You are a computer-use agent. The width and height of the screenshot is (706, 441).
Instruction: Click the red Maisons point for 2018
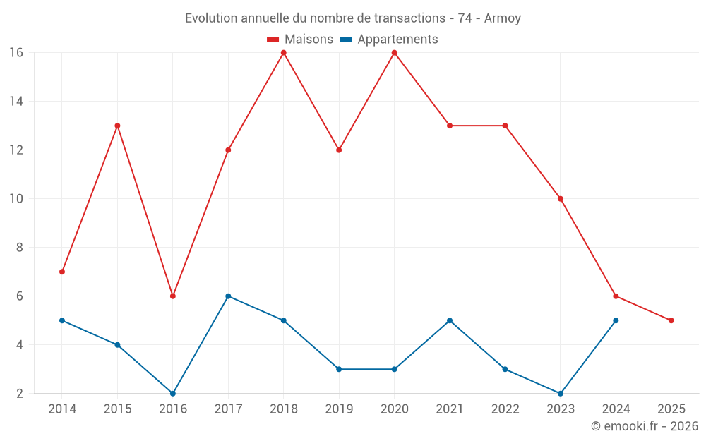tap(284, 53)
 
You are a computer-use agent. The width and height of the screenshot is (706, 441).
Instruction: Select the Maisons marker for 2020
tap(394, 53)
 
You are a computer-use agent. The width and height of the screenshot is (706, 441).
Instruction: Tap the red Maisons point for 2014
tap(62, 272)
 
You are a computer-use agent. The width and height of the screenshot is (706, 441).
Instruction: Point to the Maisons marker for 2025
tap(671, 320)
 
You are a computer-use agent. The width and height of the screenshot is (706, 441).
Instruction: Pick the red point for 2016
tap(173, 296)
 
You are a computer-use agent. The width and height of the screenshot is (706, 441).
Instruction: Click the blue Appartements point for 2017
tap(228, 296)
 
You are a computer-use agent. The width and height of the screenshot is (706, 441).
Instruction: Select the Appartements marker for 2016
tap(173, 393)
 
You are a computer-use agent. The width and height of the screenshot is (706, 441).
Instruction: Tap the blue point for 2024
tap(616, 320)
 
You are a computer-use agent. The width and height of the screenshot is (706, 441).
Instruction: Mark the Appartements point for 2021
tap(450, 320)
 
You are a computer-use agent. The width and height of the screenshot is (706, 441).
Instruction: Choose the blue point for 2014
tap(62, 320)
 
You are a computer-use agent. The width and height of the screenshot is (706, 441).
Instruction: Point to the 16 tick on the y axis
tap(16, 53)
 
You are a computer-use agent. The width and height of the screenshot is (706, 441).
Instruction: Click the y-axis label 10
tap(16, 199)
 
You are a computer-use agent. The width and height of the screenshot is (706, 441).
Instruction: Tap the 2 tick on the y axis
tap(19, 394)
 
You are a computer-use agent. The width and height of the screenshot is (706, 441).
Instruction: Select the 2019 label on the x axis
tap(339, 409)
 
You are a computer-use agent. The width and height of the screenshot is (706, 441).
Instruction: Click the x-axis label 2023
tap(561, 409)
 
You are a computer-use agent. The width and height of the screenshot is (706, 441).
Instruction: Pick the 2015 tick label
tap(117, 409)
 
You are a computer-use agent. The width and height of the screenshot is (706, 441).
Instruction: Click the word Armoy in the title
tap(503, 18)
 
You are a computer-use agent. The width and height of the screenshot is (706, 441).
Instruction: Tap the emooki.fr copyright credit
tap(645, 426)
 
